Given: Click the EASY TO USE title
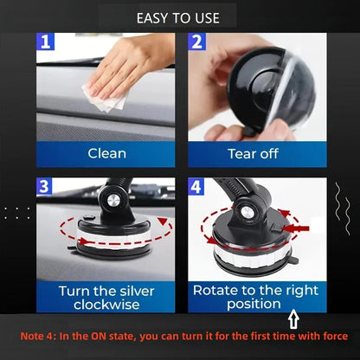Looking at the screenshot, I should coord(179,16).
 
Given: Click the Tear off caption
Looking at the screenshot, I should coord(254,153).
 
